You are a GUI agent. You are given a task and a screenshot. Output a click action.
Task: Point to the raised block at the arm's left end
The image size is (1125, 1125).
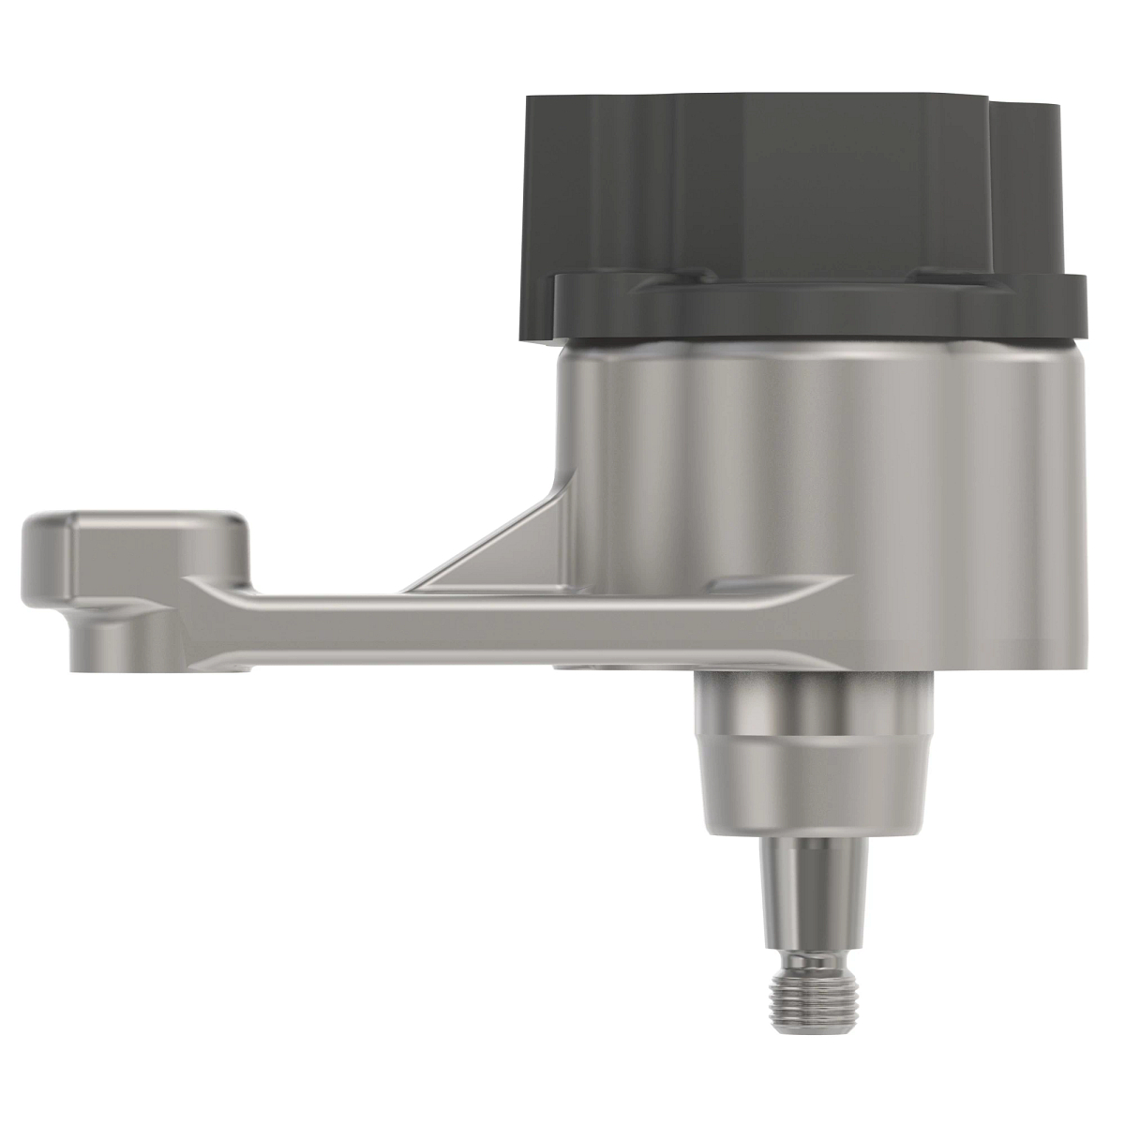point(141,544)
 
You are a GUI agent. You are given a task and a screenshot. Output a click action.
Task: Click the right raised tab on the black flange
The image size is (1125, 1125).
point(947,274)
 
